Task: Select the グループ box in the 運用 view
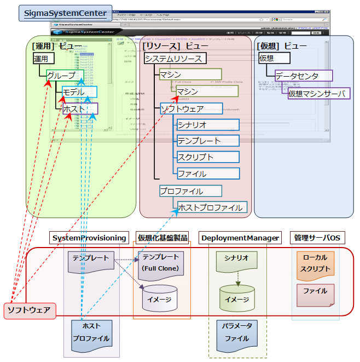coord(61,75)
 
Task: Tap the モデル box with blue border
coord(79,92)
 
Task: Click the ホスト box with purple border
coord(80,109)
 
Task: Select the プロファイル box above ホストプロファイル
coord(191,191)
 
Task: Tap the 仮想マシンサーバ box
coord(318,94)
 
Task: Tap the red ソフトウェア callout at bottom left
coord(28,311)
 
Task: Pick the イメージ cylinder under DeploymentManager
coord(237,298)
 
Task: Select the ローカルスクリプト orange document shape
coord(315,263)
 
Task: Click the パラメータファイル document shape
coord(237,332)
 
